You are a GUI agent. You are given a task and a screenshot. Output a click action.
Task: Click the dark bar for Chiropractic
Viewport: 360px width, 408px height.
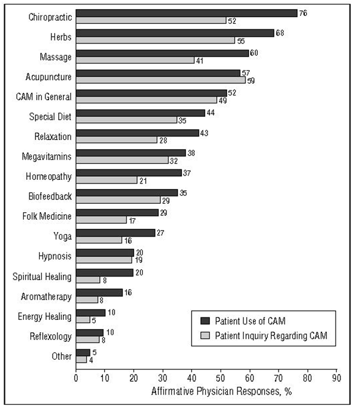point(187,13)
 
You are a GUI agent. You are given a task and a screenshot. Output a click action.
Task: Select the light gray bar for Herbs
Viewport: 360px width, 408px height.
point(156,40)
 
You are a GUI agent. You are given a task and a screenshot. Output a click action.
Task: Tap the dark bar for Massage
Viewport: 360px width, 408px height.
point(162,53)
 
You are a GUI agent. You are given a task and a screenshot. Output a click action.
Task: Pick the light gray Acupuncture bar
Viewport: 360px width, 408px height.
point(161,80)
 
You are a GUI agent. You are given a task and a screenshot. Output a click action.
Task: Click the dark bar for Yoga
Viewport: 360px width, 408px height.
point(115,233)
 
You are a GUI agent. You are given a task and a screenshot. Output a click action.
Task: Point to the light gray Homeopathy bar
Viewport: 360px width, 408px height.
point(107,180)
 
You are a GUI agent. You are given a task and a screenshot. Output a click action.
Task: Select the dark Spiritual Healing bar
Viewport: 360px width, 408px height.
point(105,273)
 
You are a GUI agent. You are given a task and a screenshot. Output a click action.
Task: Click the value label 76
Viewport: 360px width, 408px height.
point(303,13)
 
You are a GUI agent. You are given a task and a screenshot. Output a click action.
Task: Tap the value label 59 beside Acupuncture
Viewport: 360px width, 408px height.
point(251,81)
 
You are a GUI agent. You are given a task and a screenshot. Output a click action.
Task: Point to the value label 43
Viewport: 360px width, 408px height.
point(204,133)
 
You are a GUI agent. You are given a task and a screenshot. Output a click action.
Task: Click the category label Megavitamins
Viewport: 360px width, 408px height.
point(47,157)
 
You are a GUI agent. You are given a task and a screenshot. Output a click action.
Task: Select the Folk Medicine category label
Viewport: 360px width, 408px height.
point(47,216)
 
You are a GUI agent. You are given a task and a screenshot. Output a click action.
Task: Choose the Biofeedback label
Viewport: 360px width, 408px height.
point(50,196)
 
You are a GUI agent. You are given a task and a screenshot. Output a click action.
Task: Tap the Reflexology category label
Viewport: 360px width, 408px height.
point(51,336)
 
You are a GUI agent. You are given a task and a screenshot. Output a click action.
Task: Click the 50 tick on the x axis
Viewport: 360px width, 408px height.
point(220,378)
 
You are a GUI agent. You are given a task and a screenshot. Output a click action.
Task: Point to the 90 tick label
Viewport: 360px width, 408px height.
point(336,378)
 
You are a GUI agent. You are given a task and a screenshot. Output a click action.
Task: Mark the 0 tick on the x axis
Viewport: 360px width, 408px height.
point(76,378)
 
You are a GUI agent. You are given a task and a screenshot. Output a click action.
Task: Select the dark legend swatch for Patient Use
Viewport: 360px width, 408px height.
point(205,321)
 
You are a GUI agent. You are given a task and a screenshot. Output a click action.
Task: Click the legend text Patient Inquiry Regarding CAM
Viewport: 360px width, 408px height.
point(271,336)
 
